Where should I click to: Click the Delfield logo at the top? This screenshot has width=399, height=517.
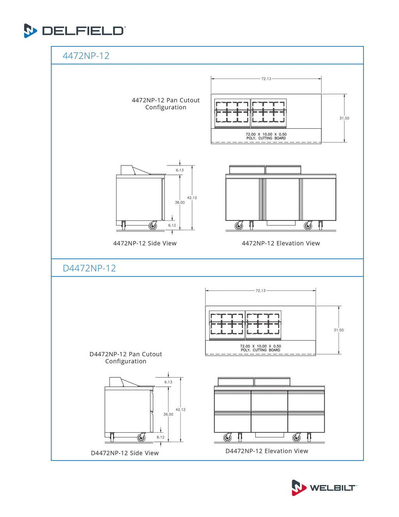74,30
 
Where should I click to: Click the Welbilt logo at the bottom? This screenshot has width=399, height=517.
324,487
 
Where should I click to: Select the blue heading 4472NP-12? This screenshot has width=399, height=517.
86,56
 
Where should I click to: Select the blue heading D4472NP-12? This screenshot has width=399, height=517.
89,268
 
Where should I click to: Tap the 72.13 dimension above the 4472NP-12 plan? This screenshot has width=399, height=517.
266,79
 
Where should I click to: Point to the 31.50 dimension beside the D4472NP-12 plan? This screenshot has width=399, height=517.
339,330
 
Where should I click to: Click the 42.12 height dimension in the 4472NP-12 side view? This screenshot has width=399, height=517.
192,198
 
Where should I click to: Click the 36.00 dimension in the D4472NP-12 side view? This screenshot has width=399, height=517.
168,414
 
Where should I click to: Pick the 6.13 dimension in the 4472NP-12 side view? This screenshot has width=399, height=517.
180,170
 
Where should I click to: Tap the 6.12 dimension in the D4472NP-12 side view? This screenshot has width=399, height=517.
161,437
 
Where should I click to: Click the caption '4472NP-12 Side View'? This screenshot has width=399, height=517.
145,243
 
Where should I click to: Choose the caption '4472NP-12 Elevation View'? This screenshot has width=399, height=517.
281,243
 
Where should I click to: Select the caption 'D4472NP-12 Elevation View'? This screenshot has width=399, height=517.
267,451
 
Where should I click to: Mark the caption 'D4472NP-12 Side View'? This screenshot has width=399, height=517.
125,453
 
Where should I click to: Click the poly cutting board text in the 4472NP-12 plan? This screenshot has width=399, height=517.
266,136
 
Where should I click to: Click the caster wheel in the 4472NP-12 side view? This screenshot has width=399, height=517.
153,226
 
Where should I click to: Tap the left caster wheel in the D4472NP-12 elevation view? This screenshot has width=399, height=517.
227,438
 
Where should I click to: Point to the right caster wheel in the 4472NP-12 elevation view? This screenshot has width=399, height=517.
308,226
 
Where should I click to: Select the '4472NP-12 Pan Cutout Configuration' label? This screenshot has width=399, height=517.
166,104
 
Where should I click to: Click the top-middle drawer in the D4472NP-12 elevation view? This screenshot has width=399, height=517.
269,401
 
